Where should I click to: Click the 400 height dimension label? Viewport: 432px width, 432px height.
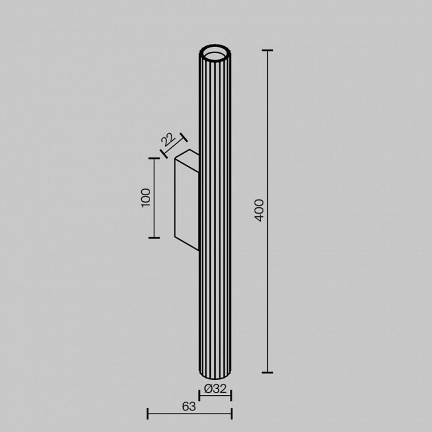pos(259,210)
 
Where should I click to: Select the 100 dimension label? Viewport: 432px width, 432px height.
pos(146,198)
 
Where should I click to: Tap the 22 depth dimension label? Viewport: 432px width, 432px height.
pos(168,140)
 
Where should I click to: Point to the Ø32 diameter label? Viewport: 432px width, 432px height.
pos(215,389)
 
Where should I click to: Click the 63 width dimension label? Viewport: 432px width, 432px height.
pos(189,406)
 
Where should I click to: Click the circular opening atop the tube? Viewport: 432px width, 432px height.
pos(215,52)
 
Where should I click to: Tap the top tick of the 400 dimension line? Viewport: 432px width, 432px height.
pos(267,51)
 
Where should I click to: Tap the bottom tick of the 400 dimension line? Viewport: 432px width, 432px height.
pos(267,372)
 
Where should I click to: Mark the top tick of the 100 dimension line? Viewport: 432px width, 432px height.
pos(154,159)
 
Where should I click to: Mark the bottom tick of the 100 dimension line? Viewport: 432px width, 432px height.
pos(154,238)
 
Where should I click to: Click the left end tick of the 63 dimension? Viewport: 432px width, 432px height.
pos(148,414)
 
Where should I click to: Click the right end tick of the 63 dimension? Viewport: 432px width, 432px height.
pos(232,414)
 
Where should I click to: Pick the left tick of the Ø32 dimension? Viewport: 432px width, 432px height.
pos(199,395)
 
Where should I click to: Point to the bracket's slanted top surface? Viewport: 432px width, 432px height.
pos(187,155)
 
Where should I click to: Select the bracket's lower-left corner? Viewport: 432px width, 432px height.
pos(175,237)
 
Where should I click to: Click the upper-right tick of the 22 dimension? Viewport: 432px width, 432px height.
pos(184,137)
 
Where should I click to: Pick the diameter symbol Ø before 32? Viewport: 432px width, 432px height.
pos(207,389)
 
